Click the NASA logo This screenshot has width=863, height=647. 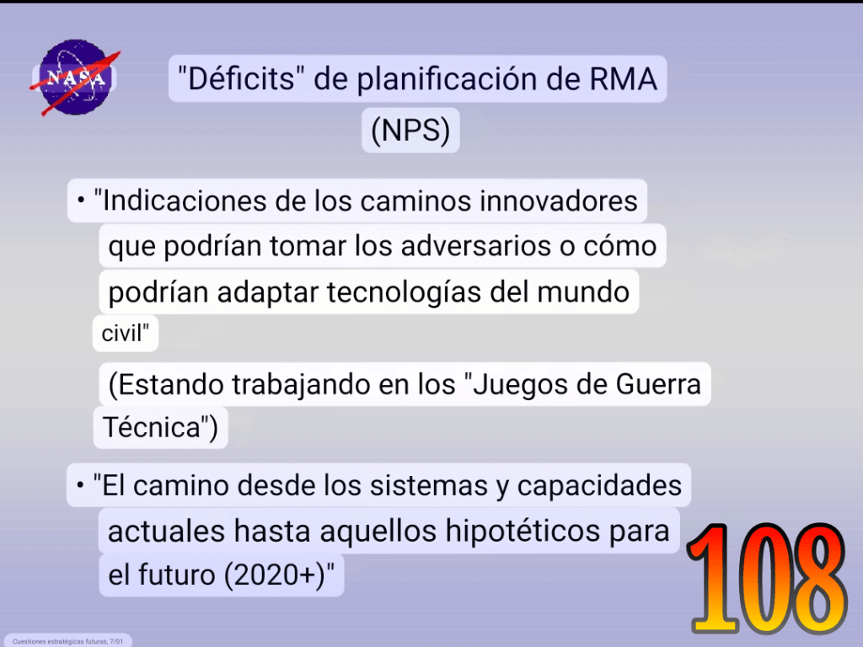75,77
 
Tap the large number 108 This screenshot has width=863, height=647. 767,578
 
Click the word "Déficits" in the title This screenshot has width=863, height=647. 241,78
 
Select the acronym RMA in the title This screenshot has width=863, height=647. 623,78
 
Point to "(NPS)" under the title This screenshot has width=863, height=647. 410,131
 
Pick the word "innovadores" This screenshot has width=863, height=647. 558,201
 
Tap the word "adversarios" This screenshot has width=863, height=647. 476,246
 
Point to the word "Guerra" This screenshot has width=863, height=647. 658,384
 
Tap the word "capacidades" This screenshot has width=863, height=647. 599,486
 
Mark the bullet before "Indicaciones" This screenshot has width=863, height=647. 81,201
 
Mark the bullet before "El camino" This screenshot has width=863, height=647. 80,485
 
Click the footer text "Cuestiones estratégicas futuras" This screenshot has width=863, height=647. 60,641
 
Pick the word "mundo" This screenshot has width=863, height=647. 583,292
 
